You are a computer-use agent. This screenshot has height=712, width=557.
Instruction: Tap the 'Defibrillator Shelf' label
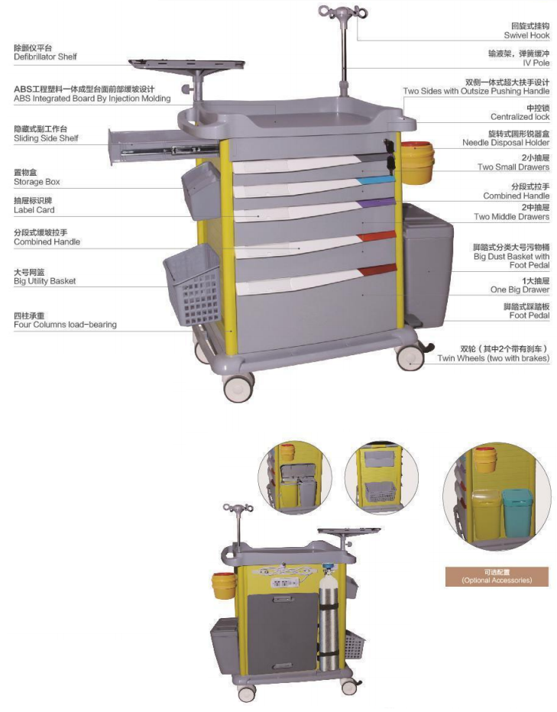coord(45,57)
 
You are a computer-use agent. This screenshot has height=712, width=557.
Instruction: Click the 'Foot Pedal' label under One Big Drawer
coord(529,316)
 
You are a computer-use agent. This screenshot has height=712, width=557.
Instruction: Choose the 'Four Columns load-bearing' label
coord(65,325)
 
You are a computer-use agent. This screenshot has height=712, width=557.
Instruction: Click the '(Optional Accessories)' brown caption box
coord(497,577)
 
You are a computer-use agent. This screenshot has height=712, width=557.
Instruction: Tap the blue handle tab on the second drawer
coord(377,180)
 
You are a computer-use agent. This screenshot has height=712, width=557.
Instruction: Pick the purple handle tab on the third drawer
coord(380,204)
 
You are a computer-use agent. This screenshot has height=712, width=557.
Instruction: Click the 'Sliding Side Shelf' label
coord(46,138)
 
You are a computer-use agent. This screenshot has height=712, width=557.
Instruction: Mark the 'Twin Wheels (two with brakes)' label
coord(493,358)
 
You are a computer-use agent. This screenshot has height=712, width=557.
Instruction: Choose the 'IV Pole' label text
coord(536,63)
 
